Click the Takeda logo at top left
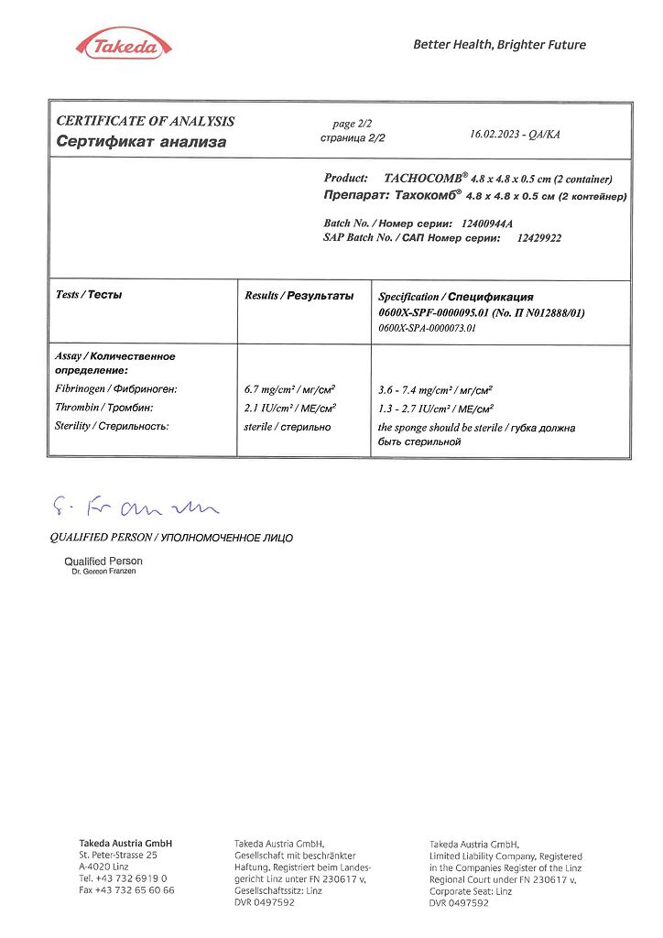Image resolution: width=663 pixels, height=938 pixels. pyautogui.click(x=122, y=46)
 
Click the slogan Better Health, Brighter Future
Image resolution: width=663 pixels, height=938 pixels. pyautogui.click(x=499, y=44)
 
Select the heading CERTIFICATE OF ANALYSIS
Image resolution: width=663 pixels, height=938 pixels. pyautogui.click(x=146, y=121)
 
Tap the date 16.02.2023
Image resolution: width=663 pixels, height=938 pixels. pyautogui.click(x=494, y=134)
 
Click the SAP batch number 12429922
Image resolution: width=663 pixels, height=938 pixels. pyautogui.click(x=538, y=237)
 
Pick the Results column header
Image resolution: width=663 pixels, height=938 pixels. pyautogui.click(x=299, y=296)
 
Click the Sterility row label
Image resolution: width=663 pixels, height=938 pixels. pyautogui.click(x=113, y=426)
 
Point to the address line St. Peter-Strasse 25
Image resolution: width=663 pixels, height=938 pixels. pyautogui.click(x=118, y=855)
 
